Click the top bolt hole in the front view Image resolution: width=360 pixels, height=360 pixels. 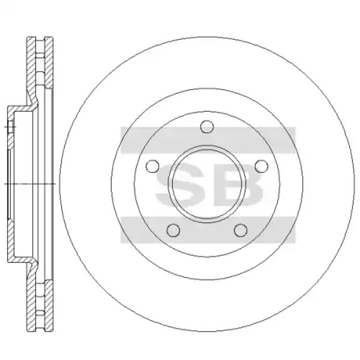[x=207, y=127]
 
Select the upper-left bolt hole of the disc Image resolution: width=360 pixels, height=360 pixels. [x=152, y=166]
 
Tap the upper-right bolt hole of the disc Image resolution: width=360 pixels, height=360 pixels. [x=262, y=166]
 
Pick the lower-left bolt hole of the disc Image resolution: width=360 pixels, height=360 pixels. [x=173, y=230]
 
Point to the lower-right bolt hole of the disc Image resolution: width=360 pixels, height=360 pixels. [x=241, y=230]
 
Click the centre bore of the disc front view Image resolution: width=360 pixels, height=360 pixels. [x=207, y=184]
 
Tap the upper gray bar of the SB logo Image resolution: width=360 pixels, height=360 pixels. [x=208, y=140]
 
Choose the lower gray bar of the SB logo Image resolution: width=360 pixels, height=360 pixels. [x=208, y=230]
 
